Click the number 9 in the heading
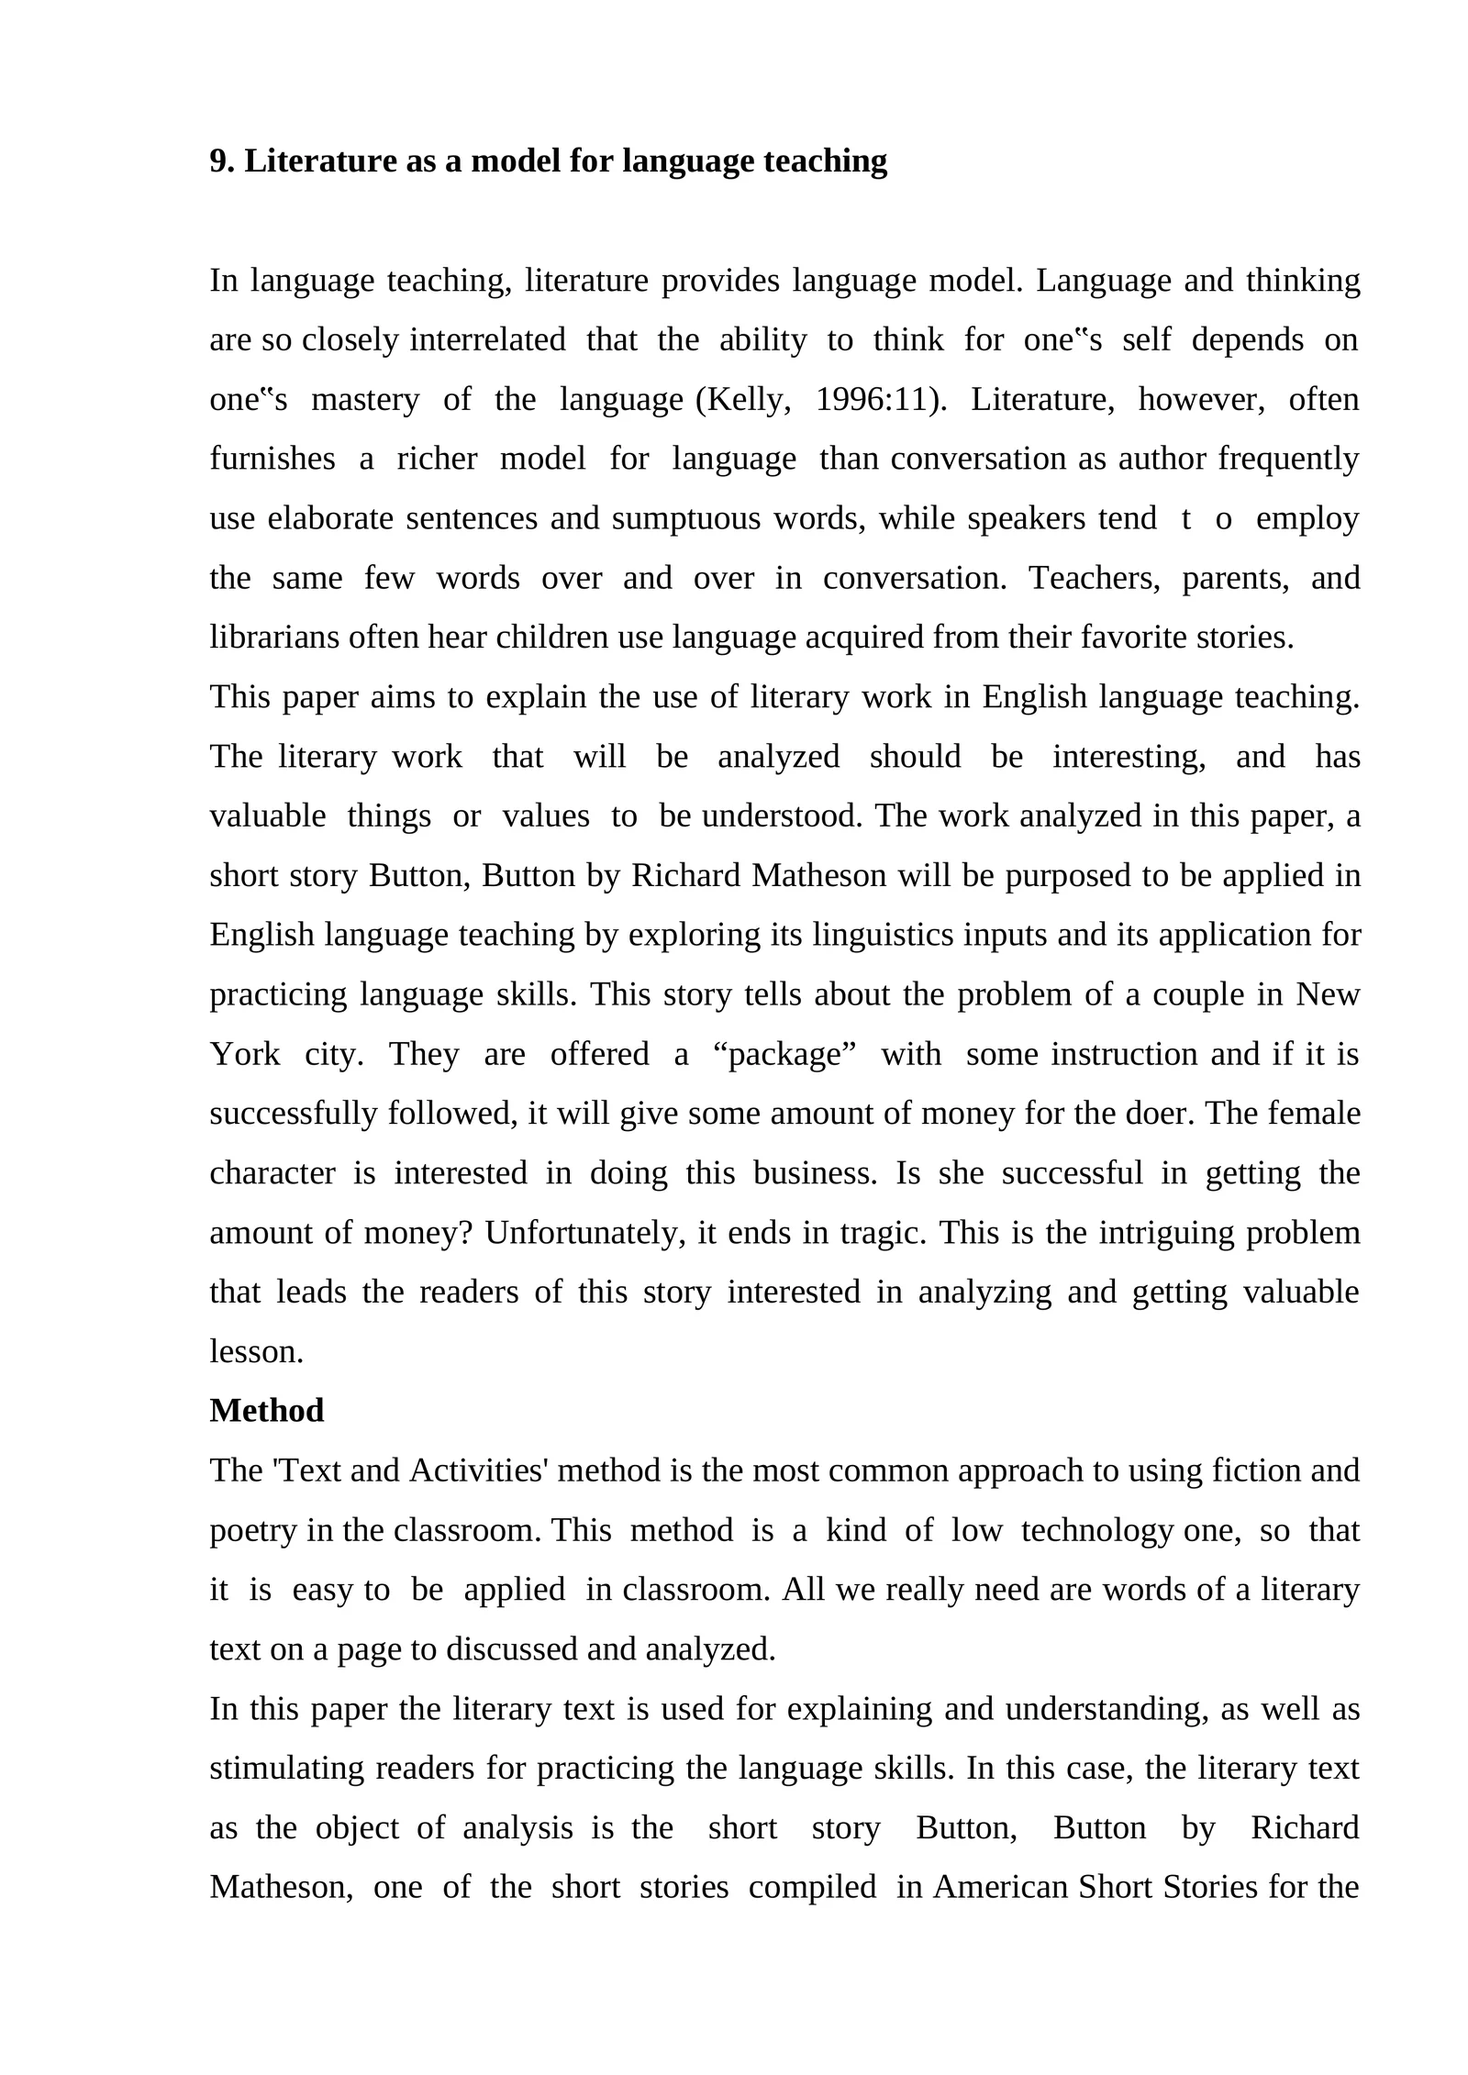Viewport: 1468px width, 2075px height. pos(217,161)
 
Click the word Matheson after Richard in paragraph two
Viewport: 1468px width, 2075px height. pos(818,876)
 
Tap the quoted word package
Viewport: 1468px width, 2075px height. pos(784,1054)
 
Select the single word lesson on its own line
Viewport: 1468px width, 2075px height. pos(255,1352)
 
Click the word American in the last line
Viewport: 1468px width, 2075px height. pos(1000,1887)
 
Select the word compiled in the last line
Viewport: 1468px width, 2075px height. pos(812,1887)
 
